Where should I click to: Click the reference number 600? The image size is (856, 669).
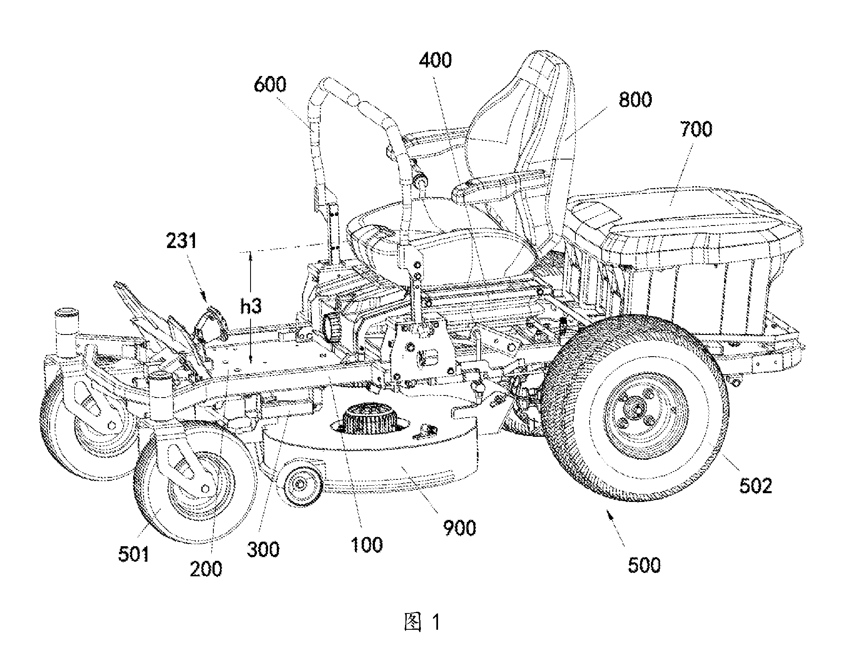click(x=270, y=84)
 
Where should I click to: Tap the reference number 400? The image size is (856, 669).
click(x=436, y=61)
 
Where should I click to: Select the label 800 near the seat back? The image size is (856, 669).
click(x=635, y=100)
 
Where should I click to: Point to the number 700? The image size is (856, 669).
click(x=696, y=129)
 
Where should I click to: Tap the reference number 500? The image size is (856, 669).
click(x=644, y=565)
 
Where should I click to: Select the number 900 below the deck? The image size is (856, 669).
click(x=459, y=528)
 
